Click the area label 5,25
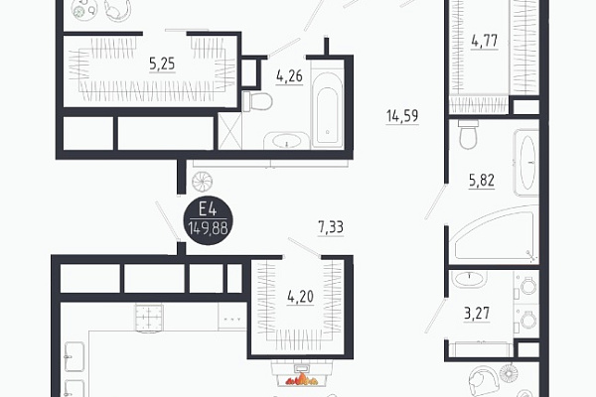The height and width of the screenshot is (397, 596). (162, 65)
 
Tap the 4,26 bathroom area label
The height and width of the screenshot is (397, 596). (290, 76)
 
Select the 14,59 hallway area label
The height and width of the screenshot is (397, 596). (402, 116)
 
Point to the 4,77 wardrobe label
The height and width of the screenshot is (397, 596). (485, 41)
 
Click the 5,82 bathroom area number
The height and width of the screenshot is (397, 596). (482, 181)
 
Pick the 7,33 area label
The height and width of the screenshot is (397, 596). (331, 227)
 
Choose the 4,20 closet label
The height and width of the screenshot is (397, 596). (301, 297)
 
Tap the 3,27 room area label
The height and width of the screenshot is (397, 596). (477, 314)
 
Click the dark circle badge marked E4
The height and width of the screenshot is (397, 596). (209, 220)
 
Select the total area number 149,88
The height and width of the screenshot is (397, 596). (209, 228)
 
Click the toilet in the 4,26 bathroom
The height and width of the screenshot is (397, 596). (257, 101)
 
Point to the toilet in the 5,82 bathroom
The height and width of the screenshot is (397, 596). (468, 135)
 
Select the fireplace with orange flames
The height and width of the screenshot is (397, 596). (302, 374)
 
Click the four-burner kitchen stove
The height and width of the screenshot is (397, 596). (149, 318)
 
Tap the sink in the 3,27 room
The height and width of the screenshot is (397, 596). (470, 278)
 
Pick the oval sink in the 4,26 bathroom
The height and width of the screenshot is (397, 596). (286, 141)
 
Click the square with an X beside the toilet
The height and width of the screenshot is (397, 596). (230, 131)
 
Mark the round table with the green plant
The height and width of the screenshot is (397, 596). (84, 10)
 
